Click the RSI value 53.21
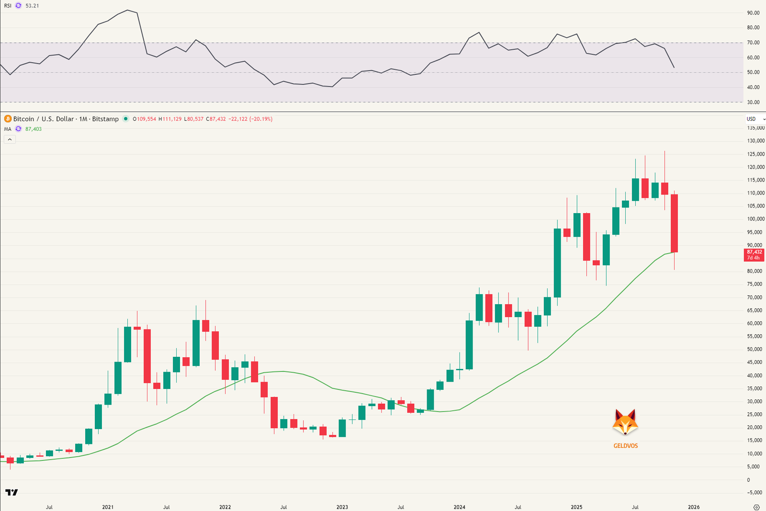pyautogui.click(x=32, y=6)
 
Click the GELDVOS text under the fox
pyautogui.click(x=625, y=446)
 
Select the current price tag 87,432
pyautogui.click(x=754, y=252)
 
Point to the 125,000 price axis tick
pyautogui.click(x=755, y=154)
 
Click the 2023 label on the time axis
pyautogui.click(x=342, y=507)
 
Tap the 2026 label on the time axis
pyautogui.click(x=693, y=507)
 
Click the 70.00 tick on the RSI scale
pyautogui.click(x=753, y=43)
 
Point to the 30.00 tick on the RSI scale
pyautogui.click(x=753, y=102)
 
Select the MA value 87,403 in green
pyautogui.click(x=34, y=129)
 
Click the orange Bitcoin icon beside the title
pyautogui.click(x=8, y=119)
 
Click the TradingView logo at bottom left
pyautogui.click(x=11, y=492)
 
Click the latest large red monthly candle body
pyautogui.click(x=674, y=223)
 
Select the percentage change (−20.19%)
pyautogui.click(x=260, y=119)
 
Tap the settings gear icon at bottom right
pyautogui.click(x=756, y=507)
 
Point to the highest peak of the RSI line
pyautogui.click(x=127, y=10)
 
